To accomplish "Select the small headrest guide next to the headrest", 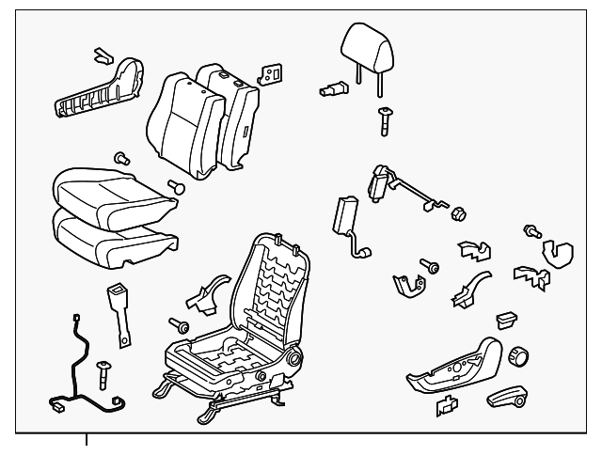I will tap(330, 89).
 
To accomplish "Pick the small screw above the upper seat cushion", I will tap(121, 155).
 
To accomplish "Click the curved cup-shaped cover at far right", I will tap(560, 252).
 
